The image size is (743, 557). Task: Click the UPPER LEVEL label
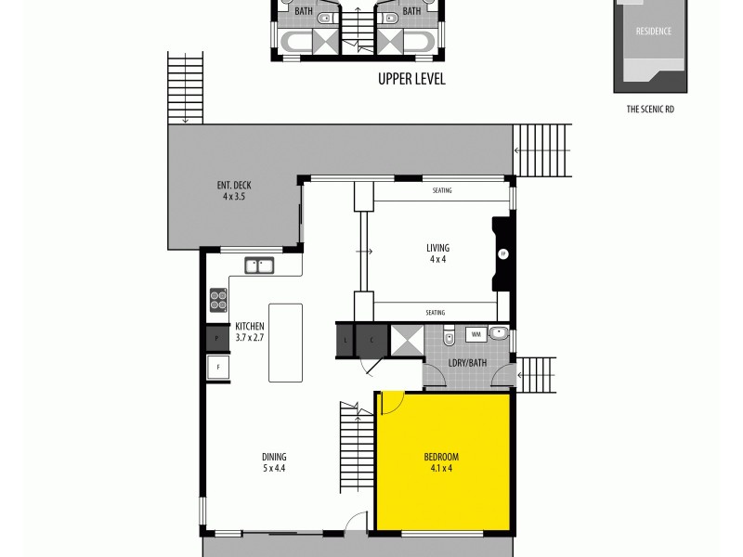(x=411, y=79)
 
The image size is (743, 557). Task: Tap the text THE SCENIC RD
(x=650, y=109)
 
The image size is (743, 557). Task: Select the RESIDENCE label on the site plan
(x=653, y=31)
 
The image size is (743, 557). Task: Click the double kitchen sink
(x=261, y=266)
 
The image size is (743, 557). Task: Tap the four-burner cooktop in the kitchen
(x=218, y=299)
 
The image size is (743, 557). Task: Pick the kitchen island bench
(x=285, y=342)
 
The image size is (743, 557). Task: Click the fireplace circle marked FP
(x=503, y=253)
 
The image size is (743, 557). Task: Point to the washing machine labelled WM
(x=476, y=333)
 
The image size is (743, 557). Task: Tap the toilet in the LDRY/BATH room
(x=449, y=338)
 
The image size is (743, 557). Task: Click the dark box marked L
(x=345, y=340)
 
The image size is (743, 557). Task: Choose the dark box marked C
(x=371, y=340)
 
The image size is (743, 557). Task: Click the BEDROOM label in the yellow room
(x=441, y=461)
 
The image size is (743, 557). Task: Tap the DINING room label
(x=274, y=461)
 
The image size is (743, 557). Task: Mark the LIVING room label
(x=437, y=253)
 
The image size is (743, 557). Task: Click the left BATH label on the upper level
(x=303, y=11)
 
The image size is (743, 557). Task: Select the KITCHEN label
(x=250, y=330)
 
